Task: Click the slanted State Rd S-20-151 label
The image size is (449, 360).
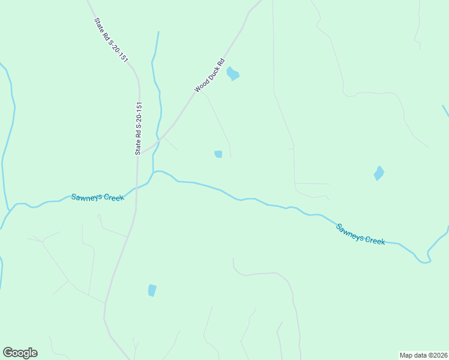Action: [111, 40]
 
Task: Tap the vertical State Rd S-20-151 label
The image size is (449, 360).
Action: [139, 128]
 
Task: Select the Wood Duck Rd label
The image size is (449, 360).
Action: [209, 75]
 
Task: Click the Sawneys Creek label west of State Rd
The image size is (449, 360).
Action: [97, 197]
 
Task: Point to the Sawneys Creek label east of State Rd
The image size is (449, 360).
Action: [360, 233]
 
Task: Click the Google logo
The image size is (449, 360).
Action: [20, 353]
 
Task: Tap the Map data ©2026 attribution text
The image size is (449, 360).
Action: [423, 355]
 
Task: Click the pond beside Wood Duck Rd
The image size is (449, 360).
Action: [233, 74]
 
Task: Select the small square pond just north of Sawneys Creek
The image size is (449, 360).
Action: [218, 154]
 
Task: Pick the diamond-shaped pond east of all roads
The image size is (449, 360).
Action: [379, 173]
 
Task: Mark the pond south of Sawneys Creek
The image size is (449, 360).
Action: [152, 290]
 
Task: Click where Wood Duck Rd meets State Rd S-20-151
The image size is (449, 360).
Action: [140, 152]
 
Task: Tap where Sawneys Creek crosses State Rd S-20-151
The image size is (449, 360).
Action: [137, 188]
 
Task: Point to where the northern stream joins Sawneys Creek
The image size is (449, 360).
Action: [154, 173]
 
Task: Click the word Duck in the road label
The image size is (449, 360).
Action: [209, 74]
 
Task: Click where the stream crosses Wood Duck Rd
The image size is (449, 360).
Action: [159, 139]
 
